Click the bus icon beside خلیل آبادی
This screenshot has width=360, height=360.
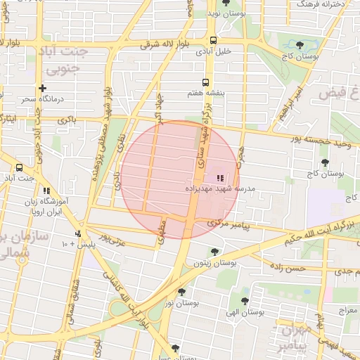[x=213, y=40]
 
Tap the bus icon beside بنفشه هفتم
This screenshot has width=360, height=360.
[x=205, y=82]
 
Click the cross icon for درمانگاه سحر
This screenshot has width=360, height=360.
[x=44, y=88]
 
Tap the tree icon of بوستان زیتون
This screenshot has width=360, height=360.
[x=214, y=252]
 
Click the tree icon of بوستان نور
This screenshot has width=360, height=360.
[x=182, y=291]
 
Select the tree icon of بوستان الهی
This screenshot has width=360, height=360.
[x=244, y=301]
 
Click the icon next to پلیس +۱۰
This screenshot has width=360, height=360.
[x=78, y=233]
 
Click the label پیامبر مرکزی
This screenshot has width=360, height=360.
[x=233, y=224]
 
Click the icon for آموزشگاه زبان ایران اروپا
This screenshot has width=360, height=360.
[x=47, y=191]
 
